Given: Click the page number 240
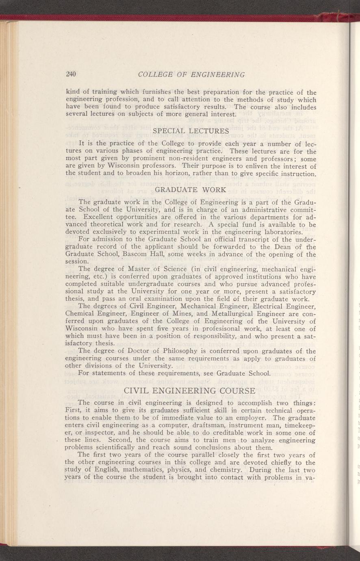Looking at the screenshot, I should point(71,74).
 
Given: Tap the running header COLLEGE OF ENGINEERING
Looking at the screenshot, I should point(191,74).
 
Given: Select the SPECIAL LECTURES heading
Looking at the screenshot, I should point(191,131).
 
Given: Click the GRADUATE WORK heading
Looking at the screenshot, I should point(191,190).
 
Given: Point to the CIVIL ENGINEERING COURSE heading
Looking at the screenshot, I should point(189,391).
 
